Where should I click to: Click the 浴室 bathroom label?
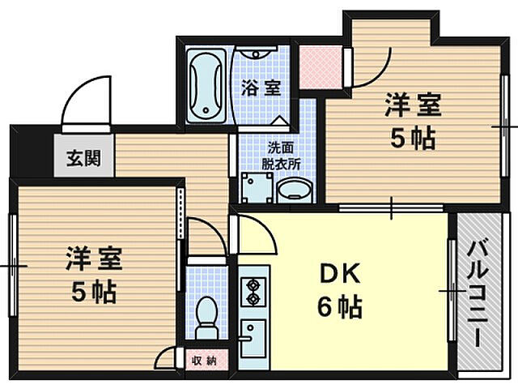[x=261, y=88]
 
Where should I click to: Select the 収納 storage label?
[x=205, y=360]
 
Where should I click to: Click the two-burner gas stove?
[x=253, y=292]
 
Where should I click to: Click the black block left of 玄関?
[x=34, y=154]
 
